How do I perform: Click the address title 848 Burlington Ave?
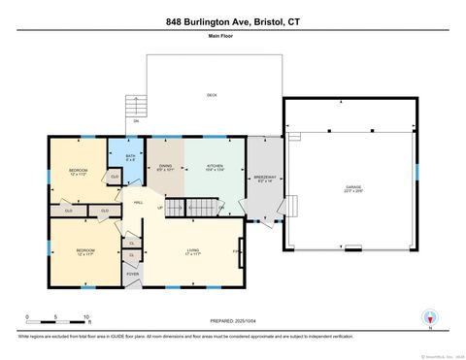coord(233,20)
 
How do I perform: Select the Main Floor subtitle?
coord(220,36)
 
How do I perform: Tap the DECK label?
coord(211,94)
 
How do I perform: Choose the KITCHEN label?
coord(215,166)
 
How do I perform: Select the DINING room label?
coord(165,166)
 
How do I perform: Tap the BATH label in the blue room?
coord(129,155)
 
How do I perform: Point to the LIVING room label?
coord(193,250)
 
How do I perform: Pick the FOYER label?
coord(132,275)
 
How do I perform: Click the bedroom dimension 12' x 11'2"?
coord(79,176)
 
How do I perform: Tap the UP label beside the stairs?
coord(159,207)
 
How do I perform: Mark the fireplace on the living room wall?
coord(240,252)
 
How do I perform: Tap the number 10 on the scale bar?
coord(86,317)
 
